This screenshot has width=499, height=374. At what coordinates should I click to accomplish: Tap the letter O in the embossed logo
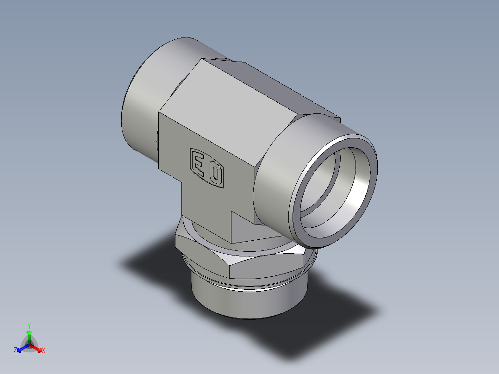click(215, 174)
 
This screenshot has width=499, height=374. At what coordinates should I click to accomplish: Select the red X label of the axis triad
click(44, 351)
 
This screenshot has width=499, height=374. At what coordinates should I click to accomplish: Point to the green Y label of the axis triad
click(29, 325)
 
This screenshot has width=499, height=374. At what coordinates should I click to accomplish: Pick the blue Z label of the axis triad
click(15, 351)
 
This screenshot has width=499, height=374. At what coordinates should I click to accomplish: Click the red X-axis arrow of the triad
click(37, 348)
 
